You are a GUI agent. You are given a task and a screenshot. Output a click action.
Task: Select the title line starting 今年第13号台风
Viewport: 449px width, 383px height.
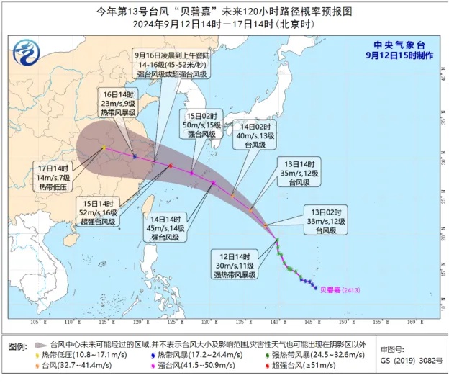pos(224,12)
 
